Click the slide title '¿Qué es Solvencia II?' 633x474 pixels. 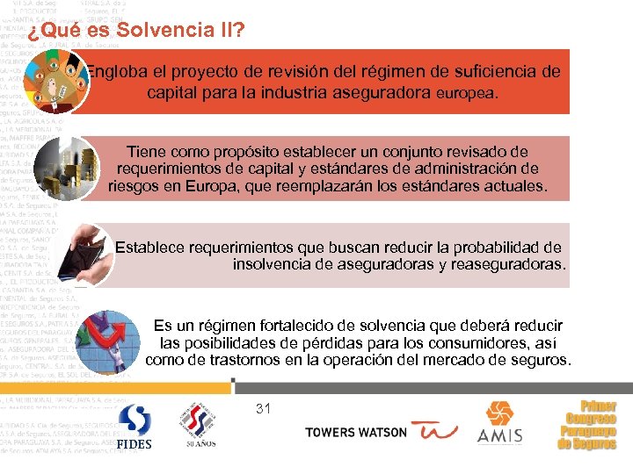[135, 32]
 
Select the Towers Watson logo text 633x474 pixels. [356, 432]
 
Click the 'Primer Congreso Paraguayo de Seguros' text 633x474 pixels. [587, 426]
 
